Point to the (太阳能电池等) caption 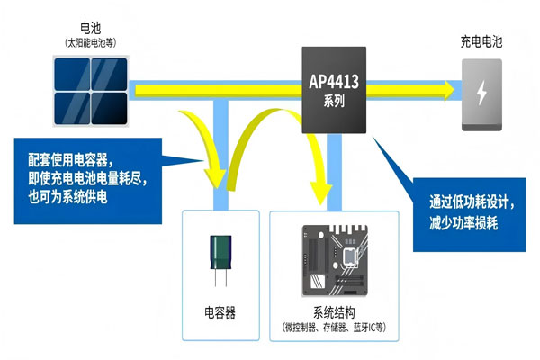tap(90, 42)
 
